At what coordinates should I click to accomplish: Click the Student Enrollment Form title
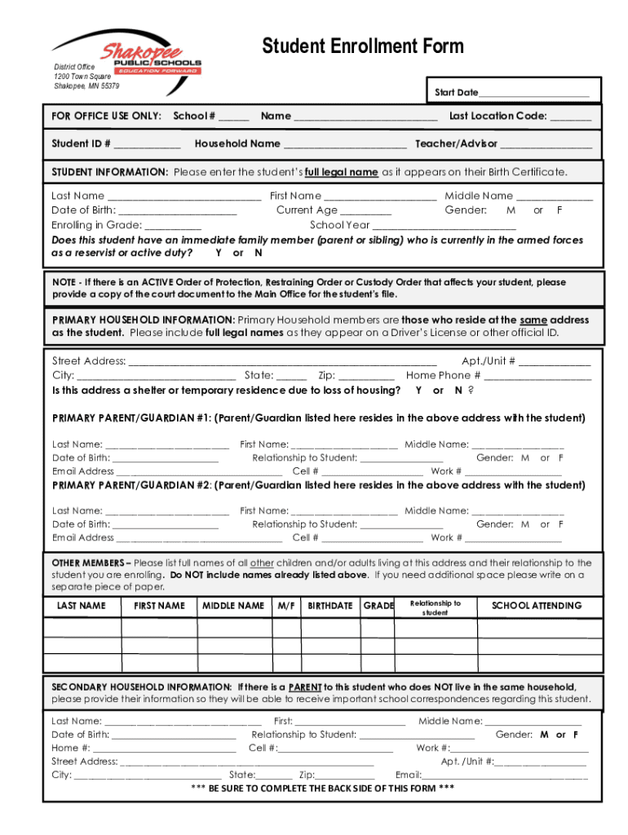(362, 46)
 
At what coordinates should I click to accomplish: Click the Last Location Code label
(498, 116)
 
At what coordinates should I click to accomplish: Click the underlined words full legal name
(341, 172)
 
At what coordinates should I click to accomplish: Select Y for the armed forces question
(219, 253)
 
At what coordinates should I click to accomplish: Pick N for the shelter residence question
(458, 391)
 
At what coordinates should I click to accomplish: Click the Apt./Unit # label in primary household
(488, 360)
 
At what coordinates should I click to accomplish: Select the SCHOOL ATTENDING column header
(537, 606)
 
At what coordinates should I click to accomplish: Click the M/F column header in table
(286, 606)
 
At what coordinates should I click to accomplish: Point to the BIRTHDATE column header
(330, 606)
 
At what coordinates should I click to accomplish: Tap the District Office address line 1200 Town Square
(82, 76)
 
